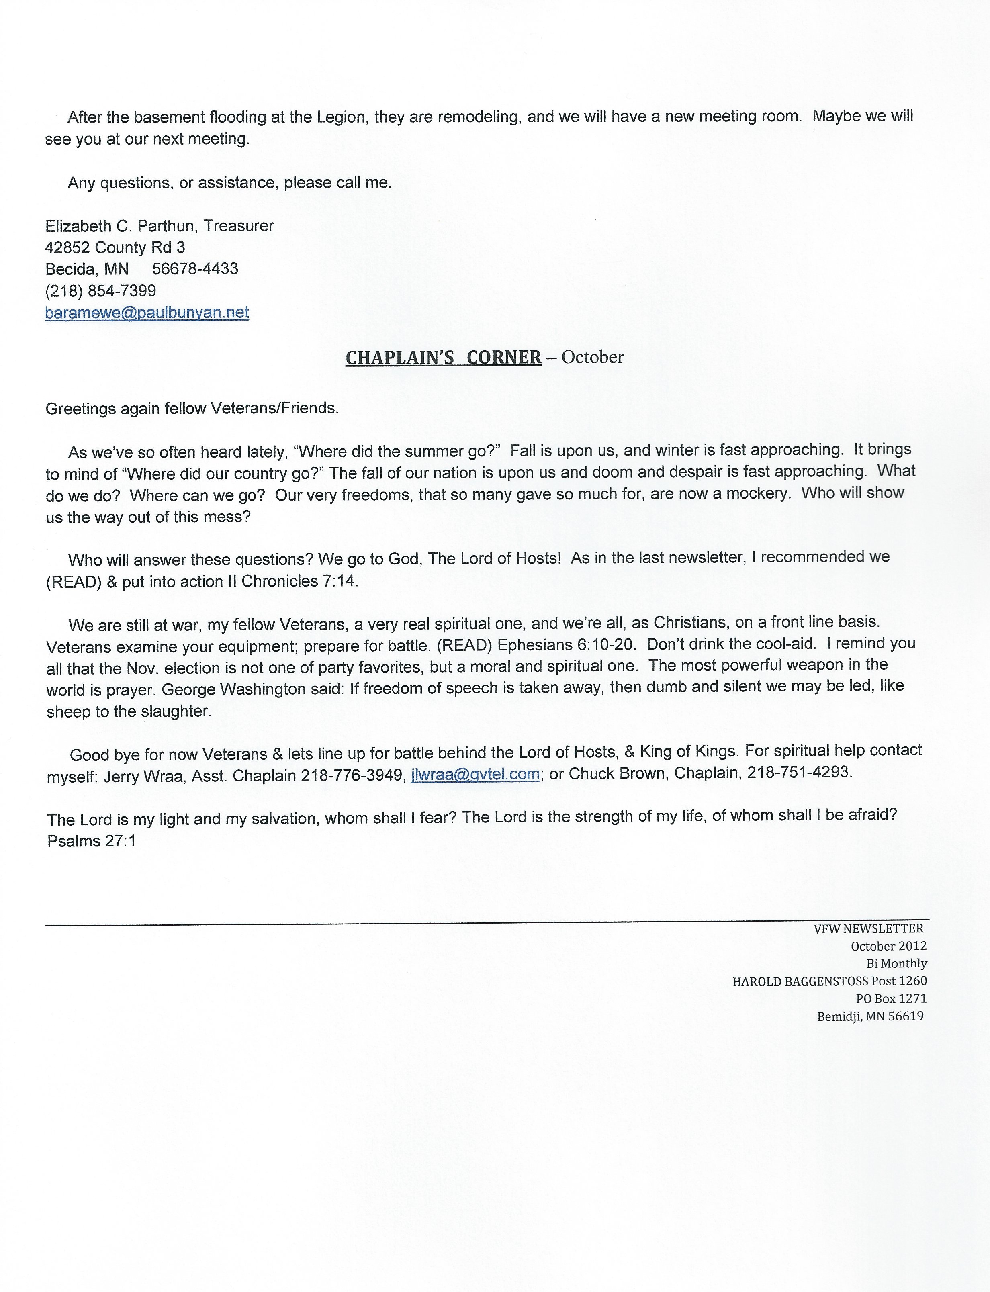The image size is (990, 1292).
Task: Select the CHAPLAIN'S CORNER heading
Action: tap(443, 358)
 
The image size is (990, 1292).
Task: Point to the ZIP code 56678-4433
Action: tap(195, 269)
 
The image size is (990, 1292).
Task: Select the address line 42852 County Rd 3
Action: tap(115, 247)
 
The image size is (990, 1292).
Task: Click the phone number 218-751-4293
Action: tap(799, 773)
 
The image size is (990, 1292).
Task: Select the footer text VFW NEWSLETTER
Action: tap(869, 928)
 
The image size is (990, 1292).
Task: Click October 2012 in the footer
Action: tap(889, 946)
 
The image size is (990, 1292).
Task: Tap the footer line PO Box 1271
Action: tap(891, 999)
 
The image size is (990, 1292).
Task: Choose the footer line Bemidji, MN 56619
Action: tap(870, 1016)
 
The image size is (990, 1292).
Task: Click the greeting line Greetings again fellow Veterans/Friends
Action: tap(192, 408)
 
